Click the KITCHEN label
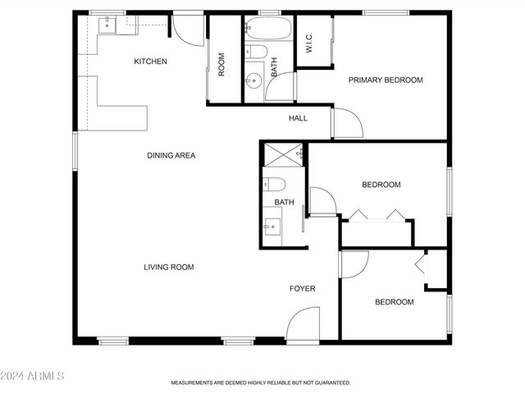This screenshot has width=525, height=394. tap(151, 62)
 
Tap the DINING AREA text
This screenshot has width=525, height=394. tap(171, 155)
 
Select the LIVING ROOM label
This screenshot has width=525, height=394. tap(169, 267)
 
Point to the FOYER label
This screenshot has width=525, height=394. tap(302, 289)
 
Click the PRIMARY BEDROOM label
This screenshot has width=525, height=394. tap(386, 80)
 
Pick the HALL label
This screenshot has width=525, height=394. tap(298, 118)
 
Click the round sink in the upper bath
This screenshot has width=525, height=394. tap(253, 80)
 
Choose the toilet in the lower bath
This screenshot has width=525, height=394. tap(274, 183)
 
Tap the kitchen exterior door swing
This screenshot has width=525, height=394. tap(188, 31)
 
